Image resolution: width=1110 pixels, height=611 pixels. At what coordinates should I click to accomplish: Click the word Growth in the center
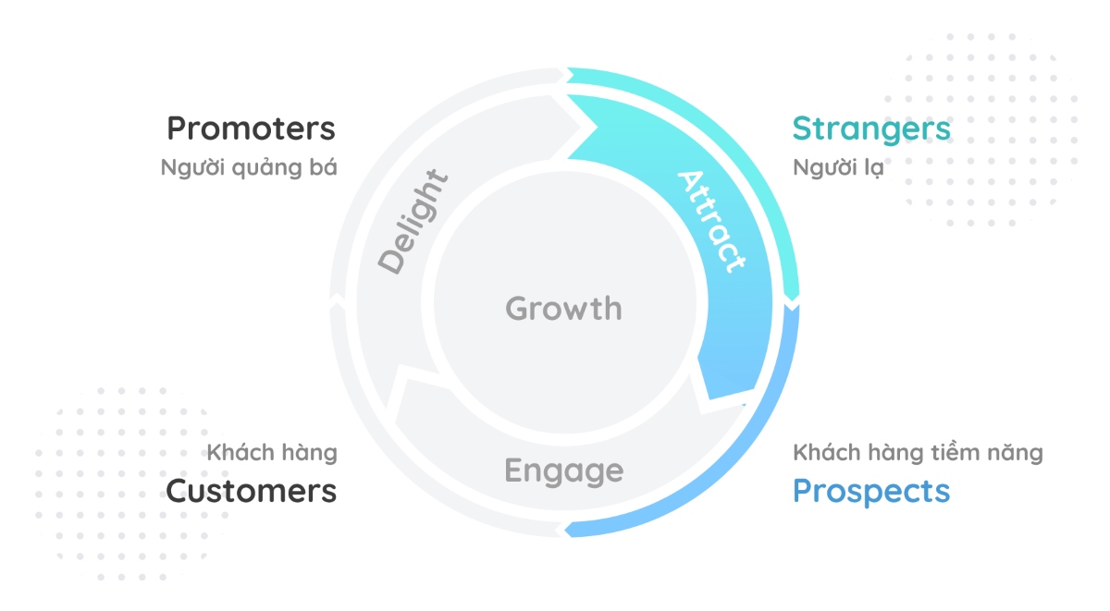[563, 308]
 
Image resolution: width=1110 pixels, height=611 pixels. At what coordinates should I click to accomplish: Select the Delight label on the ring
[413, 222]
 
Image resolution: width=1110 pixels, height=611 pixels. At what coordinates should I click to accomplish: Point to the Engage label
[563, 471]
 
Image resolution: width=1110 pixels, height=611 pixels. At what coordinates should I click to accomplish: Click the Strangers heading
[871, 128]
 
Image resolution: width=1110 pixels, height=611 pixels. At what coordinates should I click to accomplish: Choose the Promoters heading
[251, 128]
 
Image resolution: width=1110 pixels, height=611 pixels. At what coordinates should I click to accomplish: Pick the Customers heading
[251, 491]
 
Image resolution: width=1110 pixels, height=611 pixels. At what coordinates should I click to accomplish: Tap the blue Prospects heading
[871, 491]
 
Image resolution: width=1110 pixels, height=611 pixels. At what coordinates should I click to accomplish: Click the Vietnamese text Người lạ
[839, 169]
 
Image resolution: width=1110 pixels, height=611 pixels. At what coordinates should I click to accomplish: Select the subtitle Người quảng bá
[248, 169]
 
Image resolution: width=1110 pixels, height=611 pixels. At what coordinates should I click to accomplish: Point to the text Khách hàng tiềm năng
[918, 453]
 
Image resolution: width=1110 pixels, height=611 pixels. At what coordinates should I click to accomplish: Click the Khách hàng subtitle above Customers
[272, 453]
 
